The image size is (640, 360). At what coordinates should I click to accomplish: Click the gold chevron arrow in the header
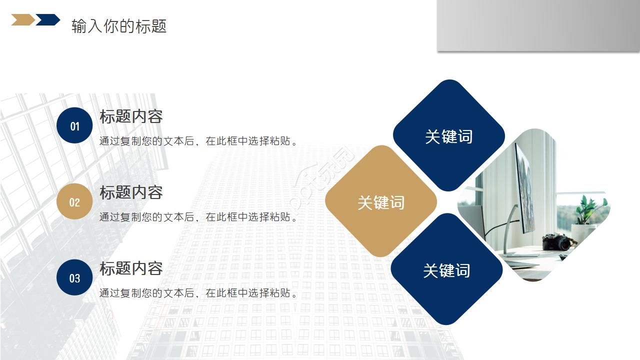point(22,20)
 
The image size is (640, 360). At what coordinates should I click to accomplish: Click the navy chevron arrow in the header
point(48,20)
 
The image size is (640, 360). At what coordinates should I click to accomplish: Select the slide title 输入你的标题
point(119,26)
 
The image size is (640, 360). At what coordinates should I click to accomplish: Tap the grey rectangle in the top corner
point(538,25)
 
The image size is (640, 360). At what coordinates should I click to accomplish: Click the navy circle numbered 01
point(74,126)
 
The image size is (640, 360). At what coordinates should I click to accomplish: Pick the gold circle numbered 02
point(74,201)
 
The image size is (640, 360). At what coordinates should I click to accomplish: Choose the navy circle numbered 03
point(74,277)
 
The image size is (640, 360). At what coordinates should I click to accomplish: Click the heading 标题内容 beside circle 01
point(131,116)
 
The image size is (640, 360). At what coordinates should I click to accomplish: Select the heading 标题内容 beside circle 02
point(131,192)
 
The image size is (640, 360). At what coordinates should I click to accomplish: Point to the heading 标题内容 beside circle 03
point(131,268)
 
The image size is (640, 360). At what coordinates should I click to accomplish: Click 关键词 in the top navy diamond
point(448,136)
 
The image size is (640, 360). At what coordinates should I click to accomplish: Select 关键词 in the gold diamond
point(381,202)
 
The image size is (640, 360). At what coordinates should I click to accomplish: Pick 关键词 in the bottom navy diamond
point(446,270)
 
